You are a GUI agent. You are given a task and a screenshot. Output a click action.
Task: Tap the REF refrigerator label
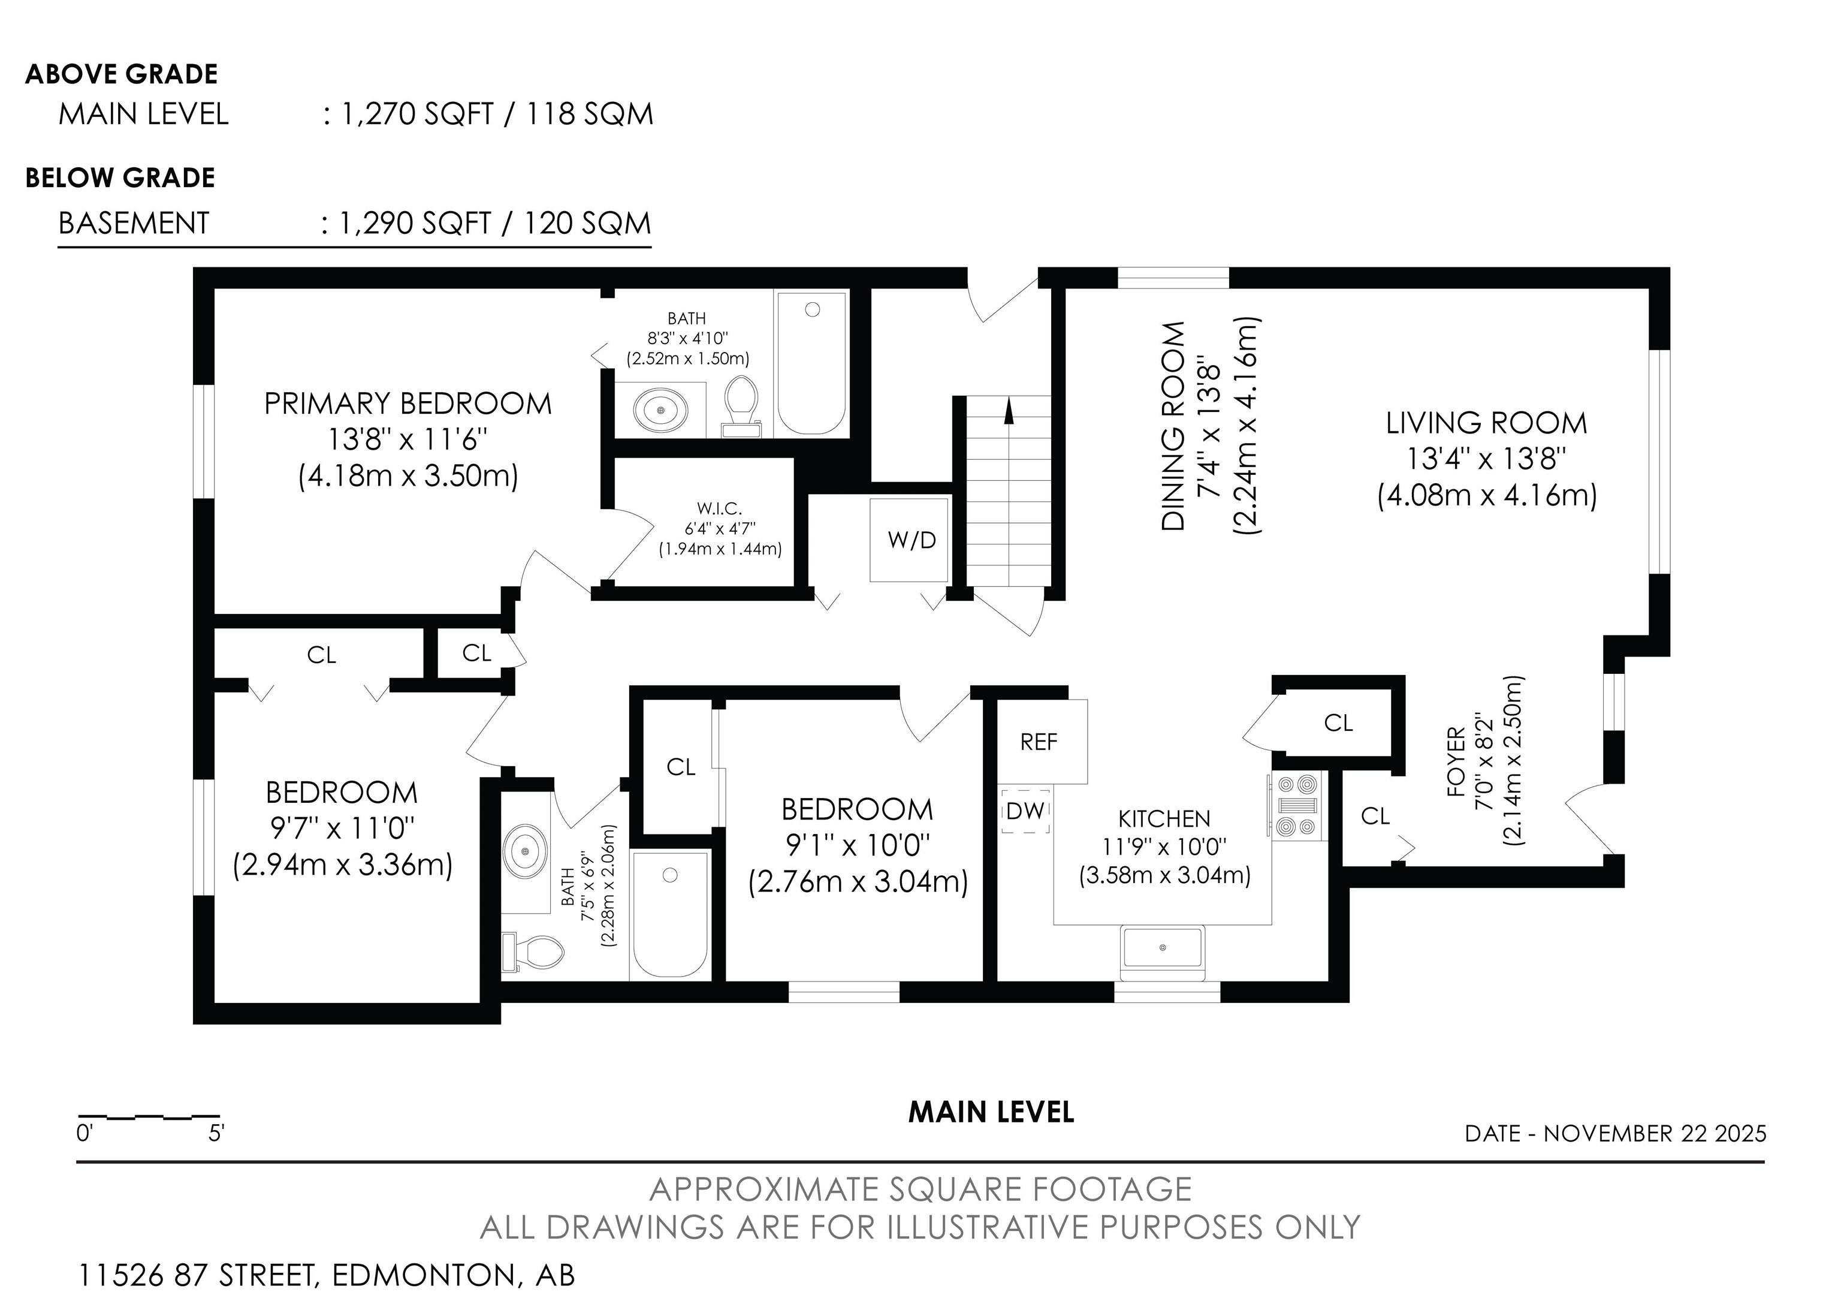pos(1039,742)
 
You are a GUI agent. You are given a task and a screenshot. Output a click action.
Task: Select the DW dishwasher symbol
pos(1025,811)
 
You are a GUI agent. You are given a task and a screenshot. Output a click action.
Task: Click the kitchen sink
pos(1163,948)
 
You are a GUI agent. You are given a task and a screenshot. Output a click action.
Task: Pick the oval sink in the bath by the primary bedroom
pos(660,410)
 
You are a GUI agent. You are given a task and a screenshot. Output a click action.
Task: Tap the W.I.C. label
pos(719,508)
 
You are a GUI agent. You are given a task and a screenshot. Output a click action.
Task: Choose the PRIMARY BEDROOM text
pos(408,403)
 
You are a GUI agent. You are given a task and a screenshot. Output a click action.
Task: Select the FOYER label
pos(1456,762)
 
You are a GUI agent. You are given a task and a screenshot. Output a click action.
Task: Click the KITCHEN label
pos(1164,819)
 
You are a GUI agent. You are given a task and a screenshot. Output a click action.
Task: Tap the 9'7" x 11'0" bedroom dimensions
pos(342,829)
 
